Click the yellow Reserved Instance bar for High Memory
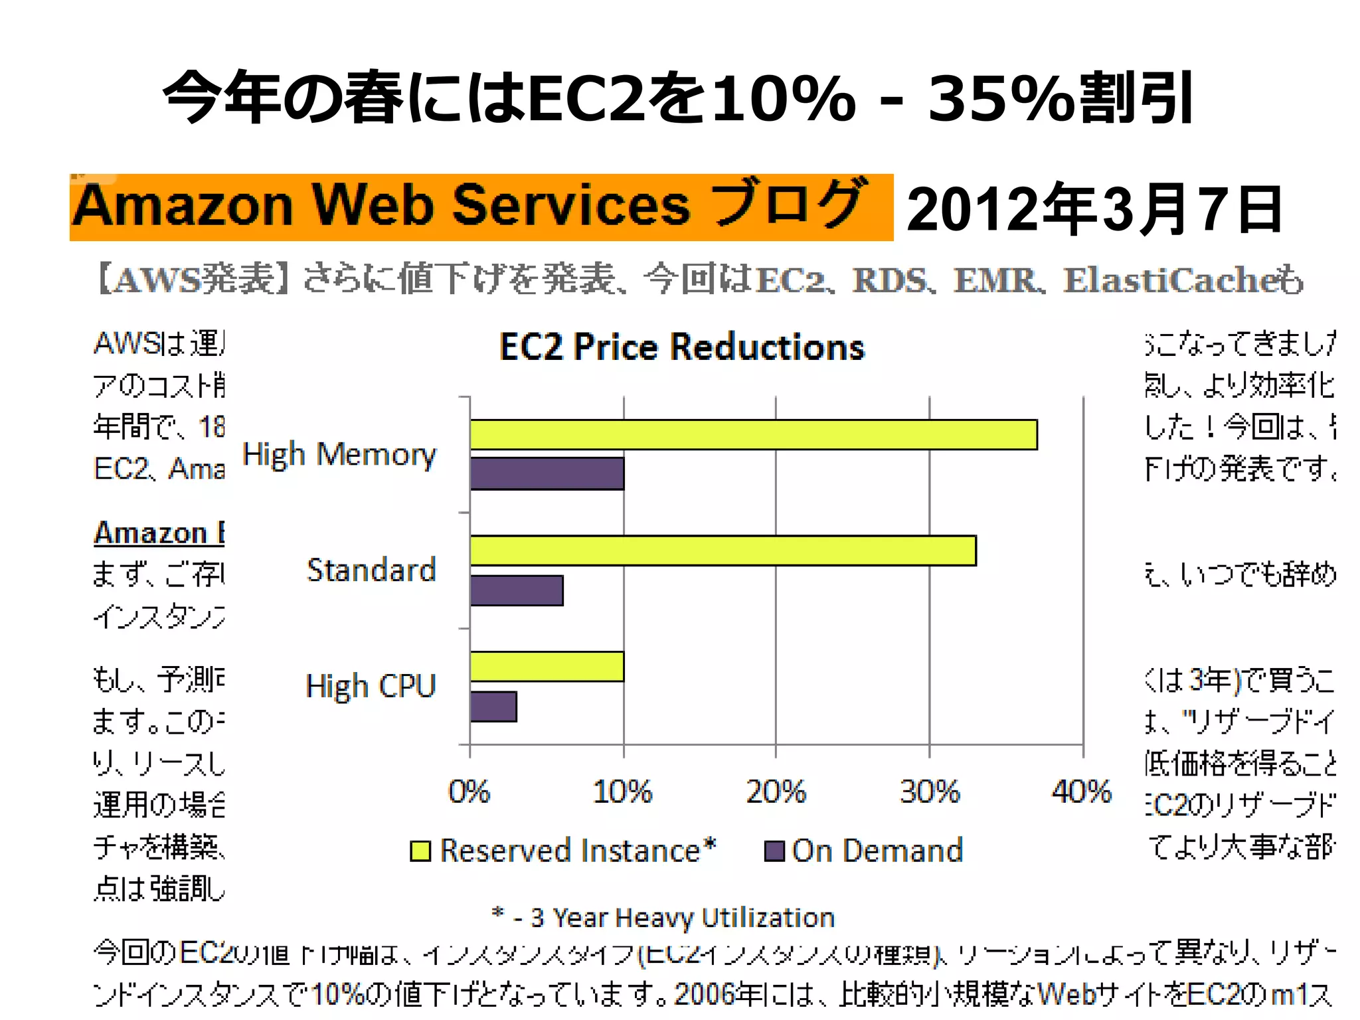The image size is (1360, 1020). (753, 435)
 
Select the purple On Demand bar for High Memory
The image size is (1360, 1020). (547, 473)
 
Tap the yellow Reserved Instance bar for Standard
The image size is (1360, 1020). (722, 551)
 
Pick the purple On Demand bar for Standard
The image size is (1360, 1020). (517, 590)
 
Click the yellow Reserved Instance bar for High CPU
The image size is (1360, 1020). (547, 667)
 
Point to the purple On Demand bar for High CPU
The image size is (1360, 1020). (493, 707)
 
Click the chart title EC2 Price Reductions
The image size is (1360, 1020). (682, 347)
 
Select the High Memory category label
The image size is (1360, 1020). (339, 455)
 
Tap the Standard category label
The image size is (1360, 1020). (371, 570)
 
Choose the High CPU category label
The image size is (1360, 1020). (371, 686)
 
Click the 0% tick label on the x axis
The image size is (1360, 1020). (469, 792)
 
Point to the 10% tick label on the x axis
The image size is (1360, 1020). (622, 792)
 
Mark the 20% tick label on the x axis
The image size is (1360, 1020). (776, 792)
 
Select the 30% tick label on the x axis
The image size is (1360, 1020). (929, 792)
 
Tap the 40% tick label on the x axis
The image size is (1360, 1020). (1082, 792)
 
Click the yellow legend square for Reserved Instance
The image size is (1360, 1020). (420, 851)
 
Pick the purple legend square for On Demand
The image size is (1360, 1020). (774, 851)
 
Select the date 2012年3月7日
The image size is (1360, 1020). (1094, 209)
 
